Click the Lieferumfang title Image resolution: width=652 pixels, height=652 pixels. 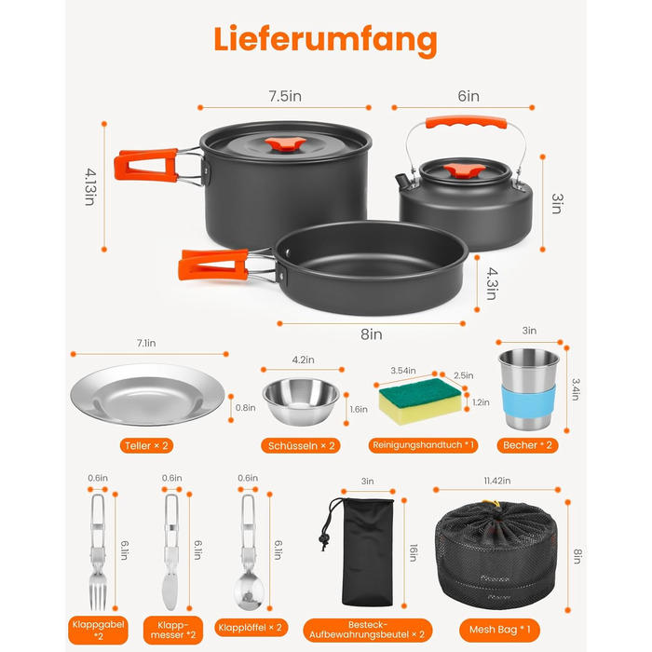[325, 41]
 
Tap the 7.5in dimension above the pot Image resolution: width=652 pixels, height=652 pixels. [285, 96]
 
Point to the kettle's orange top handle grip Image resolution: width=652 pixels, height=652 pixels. [466, 122]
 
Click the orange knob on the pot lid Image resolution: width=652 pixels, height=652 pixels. [285, 144]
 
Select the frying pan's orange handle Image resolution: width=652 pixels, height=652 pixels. [213, 265]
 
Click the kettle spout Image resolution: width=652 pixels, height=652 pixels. [402, 181]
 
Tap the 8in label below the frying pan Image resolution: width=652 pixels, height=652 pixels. [371, 334]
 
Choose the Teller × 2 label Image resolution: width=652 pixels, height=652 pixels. [146, 446]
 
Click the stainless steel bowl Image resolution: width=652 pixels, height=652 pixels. [301, 401]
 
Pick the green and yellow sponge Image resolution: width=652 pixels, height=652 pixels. [420, 401]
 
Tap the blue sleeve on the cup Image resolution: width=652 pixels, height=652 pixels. [528, 401]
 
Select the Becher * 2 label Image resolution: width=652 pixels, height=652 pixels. [527, 445]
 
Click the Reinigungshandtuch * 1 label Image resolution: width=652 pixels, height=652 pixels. [423, 445]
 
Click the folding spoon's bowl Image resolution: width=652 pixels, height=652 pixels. [249, 591]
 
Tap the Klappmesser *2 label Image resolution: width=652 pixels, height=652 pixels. [173, 630]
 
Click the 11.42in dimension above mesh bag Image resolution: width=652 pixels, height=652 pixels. [496, 481]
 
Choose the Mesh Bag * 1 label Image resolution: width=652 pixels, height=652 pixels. [500, 630]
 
